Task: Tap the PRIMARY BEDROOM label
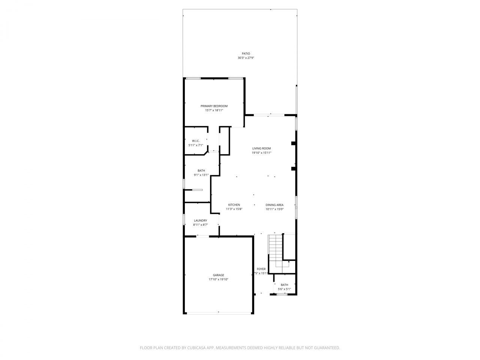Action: (214, 106)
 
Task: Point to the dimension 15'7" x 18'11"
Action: (214, 111)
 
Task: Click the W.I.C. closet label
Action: (195, 141)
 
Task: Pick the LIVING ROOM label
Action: (261, 148)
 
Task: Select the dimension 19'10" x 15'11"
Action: (261, 153)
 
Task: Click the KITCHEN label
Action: (234, 205)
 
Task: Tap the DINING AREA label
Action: (274, 205)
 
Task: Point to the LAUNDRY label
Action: (200, 220)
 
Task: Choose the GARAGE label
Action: (219, 275)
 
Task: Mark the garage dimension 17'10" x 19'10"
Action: (219, 279)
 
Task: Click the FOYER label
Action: (261, 269)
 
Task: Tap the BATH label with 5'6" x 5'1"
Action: (284, 285)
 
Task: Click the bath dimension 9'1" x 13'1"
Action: (201, 175)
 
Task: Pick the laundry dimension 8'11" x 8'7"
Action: (200, 225)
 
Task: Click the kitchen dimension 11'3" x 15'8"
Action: (234, 209)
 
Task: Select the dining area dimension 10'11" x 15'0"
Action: (274, 209)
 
